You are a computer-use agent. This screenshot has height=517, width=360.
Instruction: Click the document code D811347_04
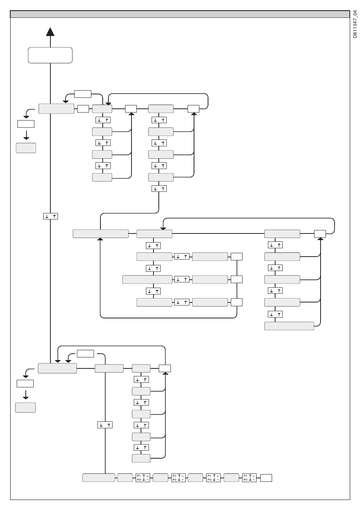(x=355, y=24)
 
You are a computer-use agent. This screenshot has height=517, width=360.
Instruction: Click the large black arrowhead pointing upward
(x=50, y=32)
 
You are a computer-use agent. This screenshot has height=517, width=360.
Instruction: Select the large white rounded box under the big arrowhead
(x=50, y=55)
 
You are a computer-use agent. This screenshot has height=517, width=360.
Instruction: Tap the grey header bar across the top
(x=180, y=14)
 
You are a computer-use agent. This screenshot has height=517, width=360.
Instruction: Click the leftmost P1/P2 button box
(x=142, y=478)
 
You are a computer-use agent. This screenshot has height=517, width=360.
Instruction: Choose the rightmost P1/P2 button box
(x=249, y=478)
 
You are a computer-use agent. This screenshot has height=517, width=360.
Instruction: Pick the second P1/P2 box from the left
(x=178, y=478)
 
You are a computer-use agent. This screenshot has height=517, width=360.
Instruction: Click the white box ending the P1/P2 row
(x=266, y=478)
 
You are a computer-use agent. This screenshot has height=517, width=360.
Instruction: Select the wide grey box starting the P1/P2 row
(x=99, y=478)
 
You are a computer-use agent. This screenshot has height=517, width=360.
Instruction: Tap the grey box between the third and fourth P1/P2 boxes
(x=231, y=478)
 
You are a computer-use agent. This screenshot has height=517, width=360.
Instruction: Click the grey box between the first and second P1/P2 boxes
(x=160, y=478)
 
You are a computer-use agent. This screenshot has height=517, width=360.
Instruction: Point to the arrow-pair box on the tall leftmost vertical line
(x=50, y=216)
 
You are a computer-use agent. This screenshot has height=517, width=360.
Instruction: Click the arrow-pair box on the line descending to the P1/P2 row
(x=105, y=425)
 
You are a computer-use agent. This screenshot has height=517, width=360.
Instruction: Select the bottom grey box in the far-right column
(x=289, y=326)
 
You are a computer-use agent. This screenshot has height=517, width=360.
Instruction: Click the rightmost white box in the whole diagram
(x=320, y=234)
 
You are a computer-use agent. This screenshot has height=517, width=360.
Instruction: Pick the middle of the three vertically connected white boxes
(x=237, y=279)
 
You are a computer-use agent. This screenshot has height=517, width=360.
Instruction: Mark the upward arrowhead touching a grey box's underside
(x=100, y=239)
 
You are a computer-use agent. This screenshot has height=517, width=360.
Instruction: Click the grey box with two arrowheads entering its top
(x=57, y=368)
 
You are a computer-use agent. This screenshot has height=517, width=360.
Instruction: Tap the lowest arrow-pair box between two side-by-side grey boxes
(x=182, y=302)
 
